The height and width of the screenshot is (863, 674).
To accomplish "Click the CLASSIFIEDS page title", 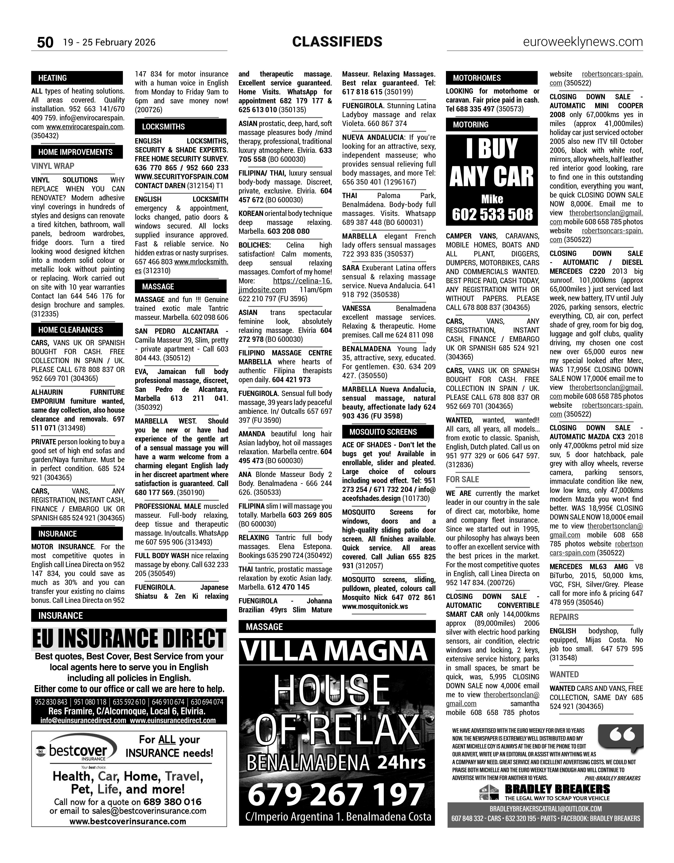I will point(337,41).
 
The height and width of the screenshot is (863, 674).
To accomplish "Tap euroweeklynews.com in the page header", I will point(583,42).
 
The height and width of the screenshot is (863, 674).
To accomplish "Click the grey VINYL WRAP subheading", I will point(53,166).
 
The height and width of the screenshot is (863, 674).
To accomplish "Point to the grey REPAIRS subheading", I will point(564,617).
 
